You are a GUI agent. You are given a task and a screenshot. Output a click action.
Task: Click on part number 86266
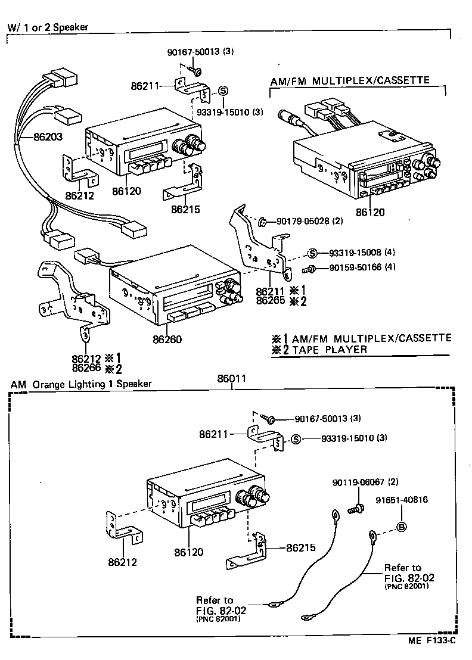coord(85,369)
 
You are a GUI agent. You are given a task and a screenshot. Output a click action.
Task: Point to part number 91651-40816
coord(402,500)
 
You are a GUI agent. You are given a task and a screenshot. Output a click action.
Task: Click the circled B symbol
coord(402,527)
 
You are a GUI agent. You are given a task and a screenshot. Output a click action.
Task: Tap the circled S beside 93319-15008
coord(312,252)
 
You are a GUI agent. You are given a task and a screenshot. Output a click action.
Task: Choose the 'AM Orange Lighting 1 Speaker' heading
coord(81,384)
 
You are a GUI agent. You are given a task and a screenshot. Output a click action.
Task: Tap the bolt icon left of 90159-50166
coord(310,269)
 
